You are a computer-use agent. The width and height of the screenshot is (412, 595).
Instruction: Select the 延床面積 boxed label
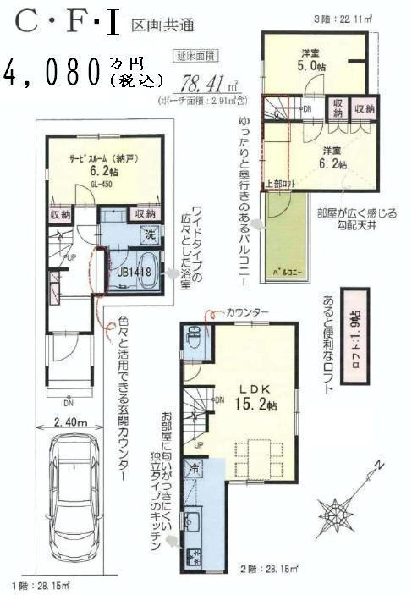pos(196,57)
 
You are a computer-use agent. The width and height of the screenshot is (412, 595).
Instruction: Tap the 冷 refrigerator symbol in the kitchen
pos(194,466)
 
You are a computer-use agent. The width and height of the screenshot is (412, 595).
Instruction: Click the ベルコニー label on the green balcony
pos(288,273)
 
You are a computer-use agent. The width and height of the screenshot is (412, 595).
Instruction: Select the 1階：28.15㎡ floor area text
pos(41,586)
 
